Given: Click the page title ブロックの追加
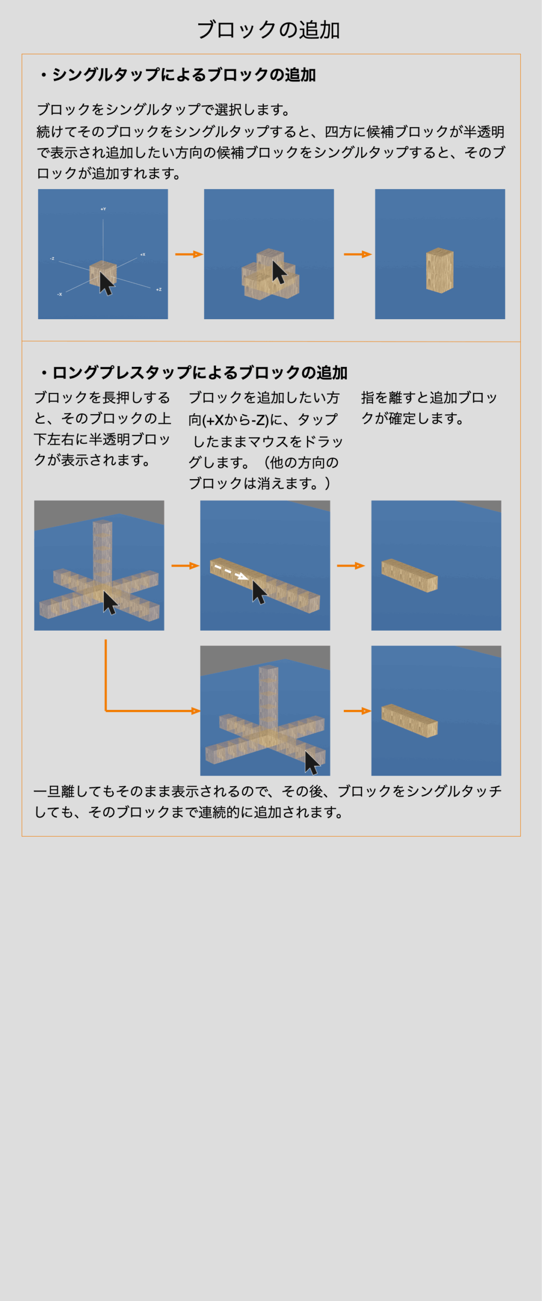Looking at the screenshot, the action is coord(268,30).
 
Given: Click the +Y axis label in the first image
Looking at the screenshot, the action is coord(103,209).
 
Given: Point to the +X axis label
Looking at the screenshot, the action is coord(143,254).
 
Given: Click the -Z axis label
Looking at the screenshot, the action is coord(52,259).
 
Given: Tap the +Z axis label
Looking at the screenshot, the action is coord(158,289).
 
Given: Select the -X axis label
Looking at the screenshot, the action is coord(59,294).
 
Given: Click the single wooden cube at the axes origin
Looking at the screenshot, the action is coord(103,273).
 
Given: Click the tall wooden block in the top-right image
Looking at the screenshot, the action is coord(439,270).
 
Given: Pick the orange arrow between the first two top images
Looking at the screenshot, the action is coord(189,254).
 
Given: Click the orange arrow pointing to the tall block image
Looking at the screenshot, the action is coord(358,254).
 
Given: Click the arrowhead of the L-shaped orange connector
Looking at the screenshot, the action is coord(196,710).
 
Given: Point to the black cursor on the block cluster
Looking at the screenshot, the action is coord(279,272).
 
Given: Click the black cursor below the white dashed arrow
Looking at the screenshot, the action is coord(259,593).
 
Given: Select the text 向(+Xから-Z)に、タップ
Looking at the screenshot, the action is coord(263,420).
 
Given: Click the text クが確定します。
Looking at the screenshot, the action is coord(412,419).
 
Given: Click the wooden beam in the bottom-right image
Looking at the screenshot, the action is coord(409,721).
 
